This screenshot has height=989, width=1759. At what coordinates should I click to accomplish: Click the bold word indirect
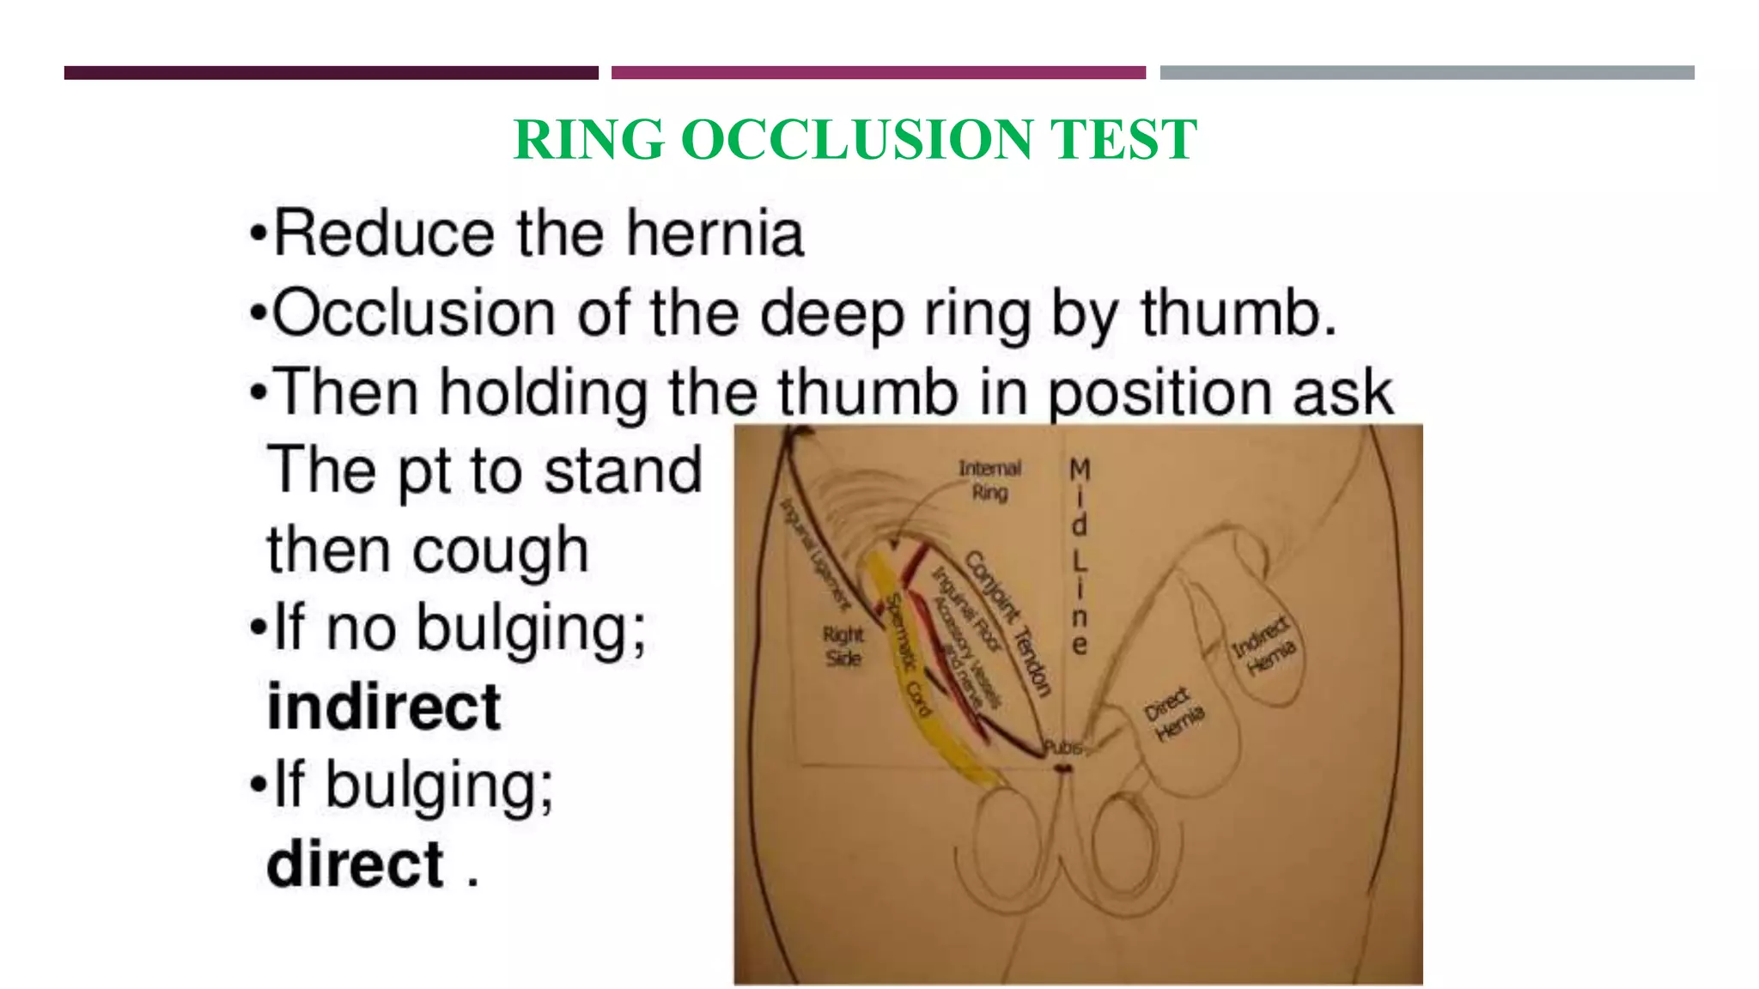tap(384, 707)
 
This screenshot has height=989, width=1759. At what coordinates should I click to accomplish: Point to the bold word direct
tap(356, 865)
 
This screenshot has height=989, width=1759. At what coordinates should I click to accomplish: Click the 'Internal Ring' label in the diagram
tap(989, 480)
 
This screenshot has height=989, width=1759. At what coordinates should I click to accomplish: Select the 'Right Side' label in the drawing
tap(843, 646)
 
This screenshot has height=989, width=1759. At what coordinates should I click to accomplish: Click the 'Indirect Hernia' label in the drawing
tap(1263, 646)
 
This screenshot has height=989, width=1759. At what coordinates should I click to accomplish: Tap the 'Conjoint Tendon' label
tap(1008, 622)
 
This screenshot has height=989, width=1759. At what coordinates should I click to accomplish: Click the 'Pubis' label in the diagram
tap(1063, 748)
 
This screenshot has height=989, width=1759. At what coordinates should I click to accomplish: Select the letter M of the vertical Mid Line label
tap(1080, 470)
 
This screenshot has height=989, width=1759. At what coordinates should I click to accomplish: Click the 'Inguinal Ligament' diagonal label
tap(814, 554)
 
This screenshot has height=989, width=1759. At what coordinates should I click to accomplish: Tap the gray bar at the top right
tap(1427, 73)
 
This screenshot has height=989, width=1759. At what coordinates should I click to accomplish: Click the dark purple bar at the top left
tap(331, 73)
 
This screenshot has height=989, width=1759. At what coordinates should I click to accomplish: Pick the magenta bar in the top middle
tap(878, 73)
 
